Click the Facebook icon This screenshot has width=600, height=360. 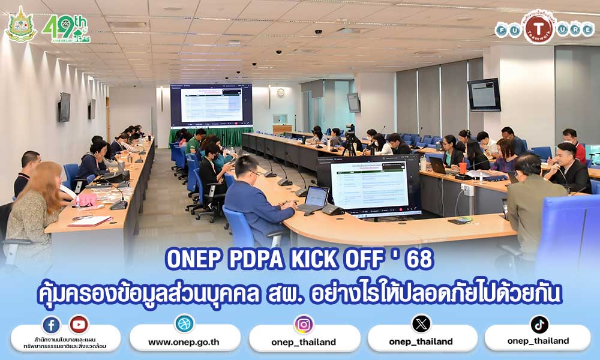tap(51, 325)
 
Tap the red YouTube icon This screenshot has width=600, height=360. tap(79, 325)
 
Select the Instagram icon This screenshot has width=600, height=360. tap(304, 325)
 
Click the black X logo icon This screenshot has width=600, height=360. tap(421, 324)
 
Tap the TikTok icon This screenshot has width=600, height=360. tap(539, 325)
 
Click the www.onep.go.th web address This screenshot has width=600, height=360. tap(184, 342)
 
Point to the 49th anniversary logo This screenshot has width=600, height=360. tap(65, 28)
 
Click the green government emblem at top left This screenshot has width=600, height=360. tap(20, 25)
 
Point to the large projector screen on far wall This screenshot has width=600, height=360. tap(211, 105)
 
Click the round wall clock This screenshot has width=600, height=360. tap(281, 92)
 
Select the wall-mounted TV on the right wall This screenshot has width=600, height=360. tap(484, 94)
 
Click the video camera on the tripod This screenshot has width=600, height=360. tap(350, 130)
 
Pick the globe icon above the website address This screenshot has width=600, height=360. tap(184, 324)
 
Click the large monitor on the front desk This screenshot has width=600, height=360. tap(368, 185)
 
